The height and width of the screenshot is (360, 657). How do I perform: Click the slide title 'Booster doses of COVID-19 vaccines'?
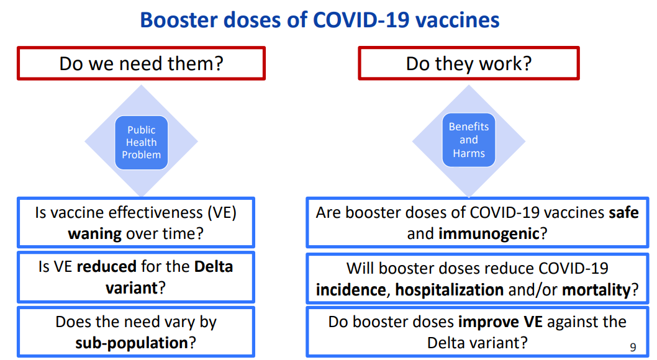320,20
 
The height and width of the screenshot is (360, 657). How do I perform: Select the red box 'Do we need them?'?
141,63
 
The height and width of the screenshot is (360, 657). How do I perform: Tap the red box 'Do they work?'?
469,63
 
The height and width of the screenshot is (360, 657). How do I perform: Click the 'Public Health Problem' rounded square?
141,142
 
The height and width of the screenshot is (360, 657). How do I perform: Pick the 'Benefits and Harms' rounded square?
469,140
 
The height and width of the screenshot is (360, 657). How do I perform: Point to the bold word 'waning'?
94,233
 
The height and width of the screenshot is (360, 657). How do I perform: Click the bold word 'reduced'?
106,267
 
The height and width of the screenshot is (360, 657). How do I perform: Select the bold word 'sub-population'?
132,343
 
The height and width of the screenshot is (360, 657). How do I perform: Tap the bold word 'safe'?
623,213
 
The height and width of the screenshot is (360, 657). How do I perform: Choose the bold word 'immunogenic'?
489,233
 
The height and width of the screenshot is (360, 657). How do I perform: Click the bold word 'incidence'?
351,290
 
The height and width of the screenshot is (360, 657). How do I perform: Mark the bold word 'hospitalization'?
449,290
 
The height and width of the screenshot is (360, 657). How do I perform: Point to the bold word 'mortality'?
596,290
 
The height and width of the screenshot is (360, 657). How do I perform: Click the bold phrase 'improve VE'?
501,322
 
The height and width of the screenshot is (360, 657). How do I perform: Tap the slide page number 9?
633,347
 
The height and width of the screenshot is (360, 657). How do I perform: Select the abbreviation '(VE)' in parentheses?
222,213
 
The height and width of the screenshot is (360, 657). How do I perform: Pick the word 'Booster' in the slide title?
178,20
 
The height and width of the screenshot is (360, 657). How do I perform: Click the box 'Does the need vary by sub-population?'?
136,332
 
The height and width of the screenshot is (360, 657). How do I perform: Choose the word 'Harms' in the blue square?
469,154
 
